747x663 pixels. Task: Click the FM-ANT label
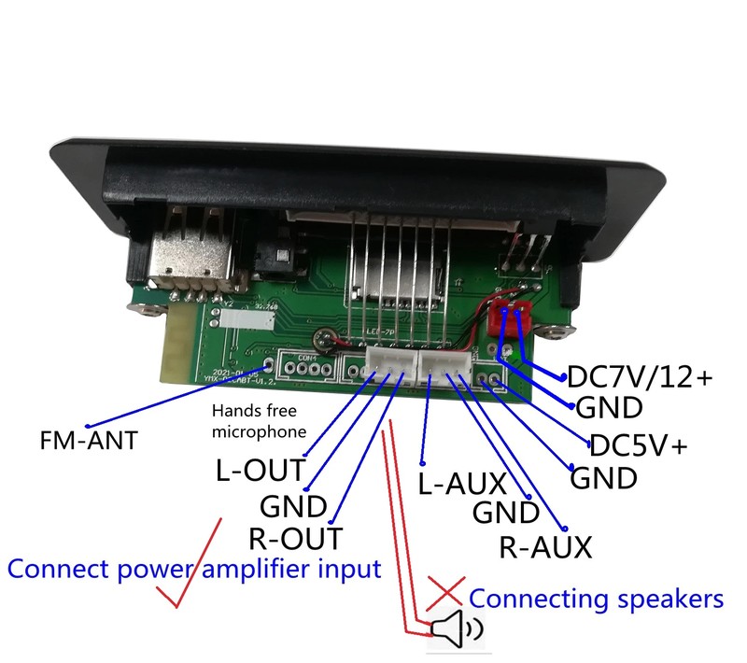pos(90,440)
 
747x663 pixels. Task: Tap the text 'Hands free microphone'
pos(258,420)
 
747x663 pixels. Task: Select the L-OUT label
pos(261,471)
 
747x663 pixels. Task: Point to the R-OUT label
pos(295,538)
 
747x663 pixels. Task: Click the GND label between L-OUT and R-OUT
pos(293,506)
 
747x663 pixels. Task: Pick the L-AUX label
pos(461,484)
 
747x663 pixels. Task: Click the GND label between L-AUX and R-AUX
pos(506,513)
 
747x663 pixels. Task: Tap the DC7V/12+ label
pos(640,377)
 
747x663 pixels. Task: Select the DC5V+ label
pos(638,445)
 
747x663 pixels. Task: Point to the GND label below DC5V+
pos(603,478)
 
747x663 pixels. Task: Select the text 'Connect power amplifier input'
pos(194,568)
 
